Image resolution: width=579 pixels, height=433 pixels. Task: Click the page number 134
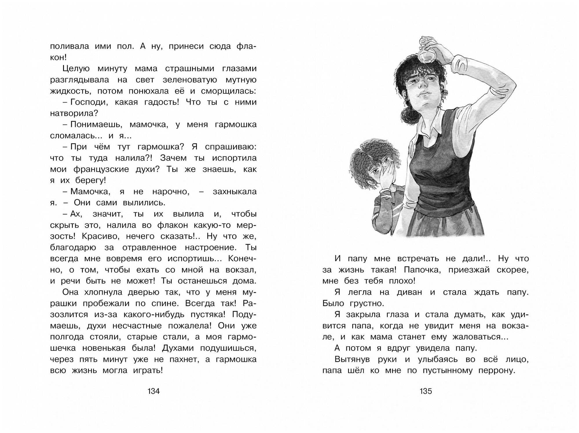tap(153, 391)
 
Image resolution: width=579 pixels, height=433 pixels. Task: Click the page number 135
tap(426, 391)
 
